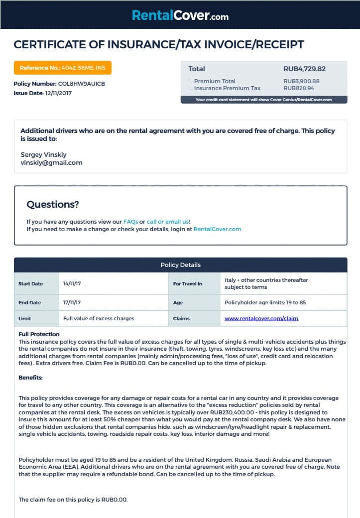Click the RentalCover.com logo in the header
coord(180,16)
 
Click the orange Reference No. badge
coord(63,67)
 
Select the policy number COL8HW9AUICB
coord(82,84)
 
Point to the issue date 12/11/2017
coord(59,93)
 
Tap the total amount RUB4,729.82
coord(304,69)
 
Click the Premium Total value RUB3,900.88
coord(301,81)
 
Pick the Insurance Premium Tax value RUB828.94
coord(299,88)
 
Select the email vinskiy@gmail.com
coord(51,163)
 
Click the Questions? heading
coord(53,204)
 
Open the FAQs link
coord(130,222)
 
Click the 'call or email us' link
coord(167,222)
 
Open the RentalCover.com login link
coord(217,230)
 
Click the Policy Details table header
coord(180,265)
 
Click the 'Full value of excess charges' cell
coord(99,318)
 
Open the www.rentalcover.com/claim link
coord(261,318)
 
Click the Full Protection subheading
coord(39,334)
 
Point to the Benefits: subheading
coord(30,378)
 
